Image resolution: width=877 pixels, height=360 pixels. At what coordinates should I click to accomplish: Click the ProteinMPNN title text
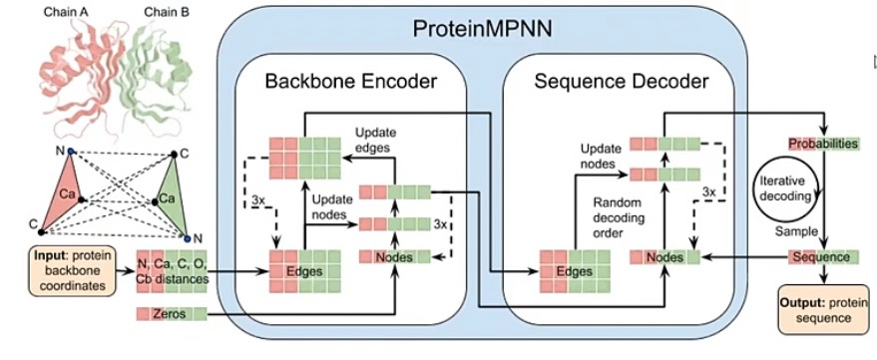482,27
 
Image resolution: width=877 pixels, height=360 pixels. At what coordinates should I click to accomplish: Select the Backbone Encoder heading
350,81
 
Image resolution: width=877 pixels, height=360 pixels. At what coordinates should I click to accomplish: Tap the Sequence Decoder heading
622,81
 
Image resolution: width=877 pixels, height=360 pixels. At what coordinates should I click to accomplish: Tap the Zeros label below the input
172,314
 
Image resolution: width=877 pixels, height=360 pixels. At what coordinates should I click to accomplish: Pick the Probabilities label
823,144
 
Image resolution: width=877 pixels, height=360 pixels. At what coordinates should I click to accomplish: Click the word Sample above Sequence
790,231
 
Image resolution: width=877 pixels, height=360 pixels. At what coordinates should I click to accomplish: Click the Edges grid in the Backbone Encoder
305,271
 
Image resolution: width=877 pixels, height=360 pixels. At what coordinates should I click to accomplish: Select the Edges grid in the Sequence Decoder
575,271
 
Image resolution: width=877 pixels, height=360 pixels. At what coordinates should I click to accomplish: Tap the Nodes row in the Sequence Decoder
665,257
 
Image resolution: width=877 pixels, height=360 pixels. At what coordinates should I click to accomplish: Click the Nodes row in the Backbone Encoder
395,257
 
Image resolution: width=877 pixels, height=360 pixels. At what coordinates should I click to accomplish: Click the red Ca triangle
66,192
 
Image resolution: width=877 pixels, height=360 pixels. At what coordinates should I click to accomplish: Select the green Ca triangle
170,195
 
